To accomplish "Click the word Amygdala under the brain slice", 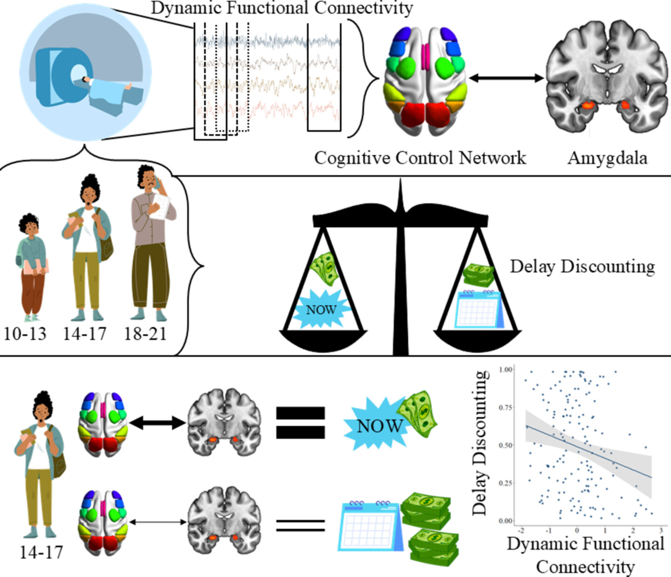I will coord(607,158).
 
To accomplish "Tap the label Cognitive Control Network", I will coord(420,158).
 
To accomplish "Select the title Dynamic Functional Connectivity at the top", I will coord(282,8).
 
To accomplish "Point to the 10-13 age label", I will coord(25,334).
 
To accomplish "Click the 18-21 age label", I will coord(145,334).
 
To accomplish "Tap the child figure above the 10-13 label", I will coord(32,266).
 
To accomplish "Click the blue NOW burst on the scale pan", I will coord(322,309).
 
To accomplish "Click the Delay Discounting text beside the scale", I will coord(582,267).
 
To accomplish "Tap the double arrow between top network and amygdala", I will coord(507,78).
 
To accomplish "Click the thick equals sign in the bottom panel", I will coord(301,422).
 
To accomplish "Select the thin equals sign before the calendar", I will coord(301,525).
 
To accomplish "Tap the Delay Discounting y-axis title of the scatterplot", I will coord(480,443).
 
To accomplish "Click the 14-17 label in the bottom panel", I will coord(41,552).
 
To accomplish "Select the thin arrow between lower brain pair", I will coord(157,522).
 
